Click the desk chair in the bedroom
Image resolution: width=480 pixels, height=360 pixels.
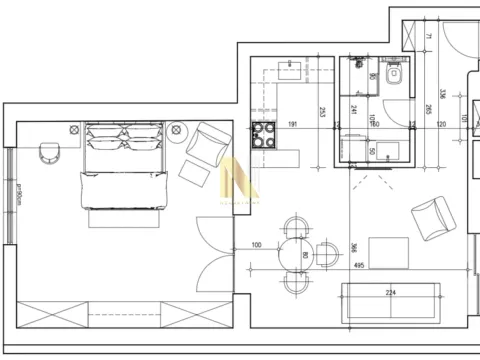point(50,152)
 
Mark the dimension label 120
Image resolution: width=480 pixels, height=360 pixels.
point(441,126)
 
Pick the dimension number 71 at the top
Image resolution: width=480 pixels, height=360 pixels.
point(425,38)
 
